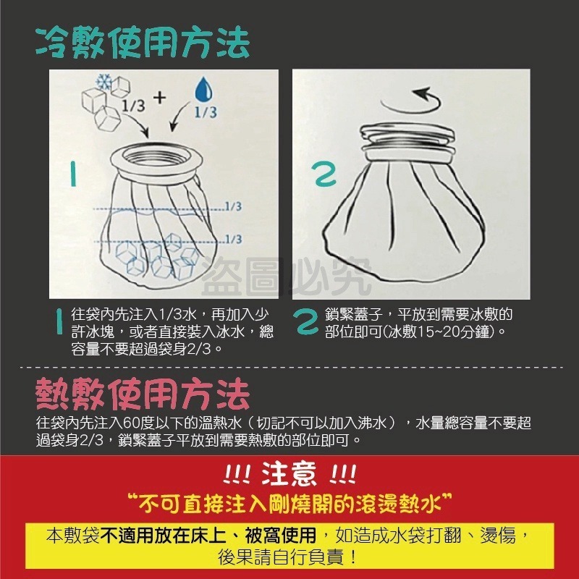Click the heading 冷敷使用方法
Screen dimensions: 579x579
(x=143, y=43)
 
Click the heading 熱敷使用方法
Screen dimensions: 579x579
(x=143, y=395)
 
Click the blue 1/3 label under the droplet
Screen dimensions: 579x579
(x=206, y=113)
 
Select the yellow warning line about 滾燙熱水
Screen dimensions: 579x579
(x=289, y=501)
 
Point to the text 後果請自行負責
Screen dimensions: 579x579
(x=289, y=557)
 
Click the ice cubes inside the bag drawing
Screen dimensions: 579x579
(x=156, y=257)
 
